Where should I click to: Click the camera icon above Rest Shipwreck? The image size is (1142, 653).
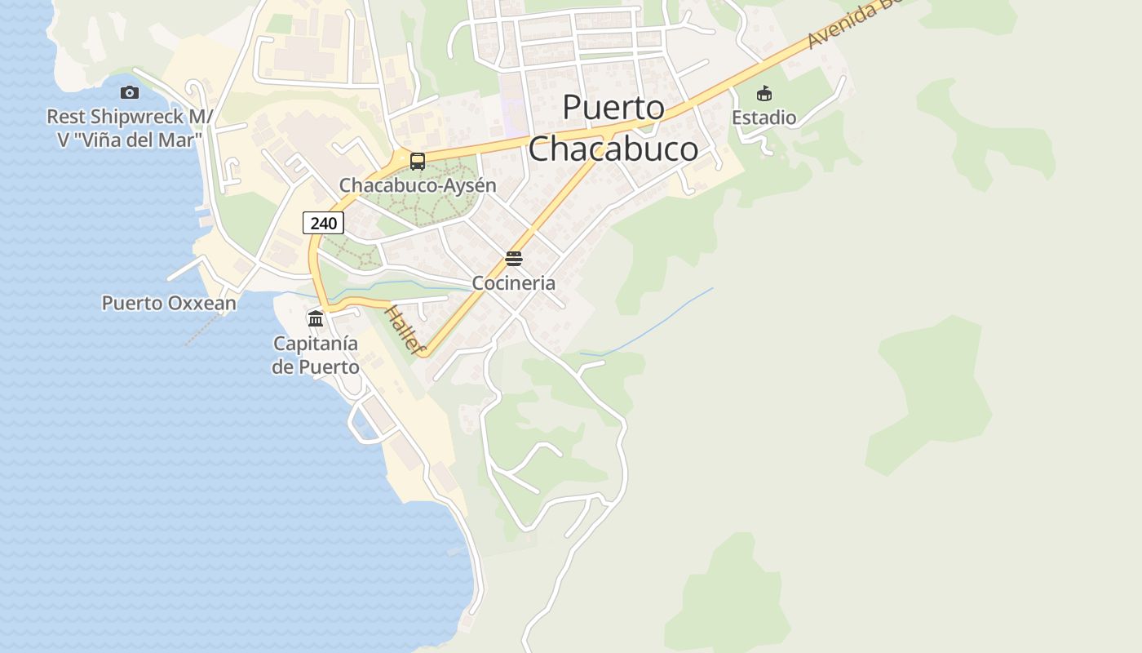click(x=129, y=93)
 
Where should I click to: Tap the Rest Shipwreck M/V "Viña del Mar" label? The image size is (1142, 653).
click(x=129, y=128)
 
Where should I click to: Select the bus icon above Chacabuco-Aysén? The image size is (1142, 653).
click(x=418, y=162)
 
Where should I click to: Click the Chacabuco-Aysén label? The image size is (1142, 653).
click(x=418, y=186)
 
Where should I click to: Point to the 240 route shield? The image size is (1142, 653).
click(x=323, y=222)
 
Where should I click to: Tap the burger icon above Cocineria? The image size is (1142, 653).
click(x=513, y=260)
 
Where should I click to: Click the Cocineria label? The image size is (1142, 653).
click(x=514, y=283)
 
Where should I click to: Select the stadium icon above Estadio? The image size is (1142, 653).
click(x=764, y=93)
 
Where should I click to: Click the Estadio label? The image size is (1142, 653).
click(x=764, y=118)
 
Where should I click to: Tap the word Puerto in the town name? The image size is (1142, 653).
click(x=613, y=108)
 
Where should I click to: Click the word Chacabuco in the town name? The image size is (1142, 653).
click(x=613, y=149)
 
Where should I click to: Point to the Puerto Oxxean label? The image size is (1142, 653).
click(x=169, y=304)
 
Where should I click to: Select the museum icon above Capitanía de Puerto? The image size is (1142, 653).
click(x=316, y=318)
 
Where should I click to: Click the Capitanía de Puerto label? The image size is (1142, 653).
click(x=316, y=355)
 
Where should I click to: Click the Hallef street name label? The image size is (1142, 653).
click(x=405, y=331)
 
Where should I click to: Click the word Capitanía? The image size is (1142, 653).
click(x=316, y=344)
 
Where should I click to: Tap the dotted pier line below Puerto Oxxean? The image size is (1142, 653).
click(x=202, y=329)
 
